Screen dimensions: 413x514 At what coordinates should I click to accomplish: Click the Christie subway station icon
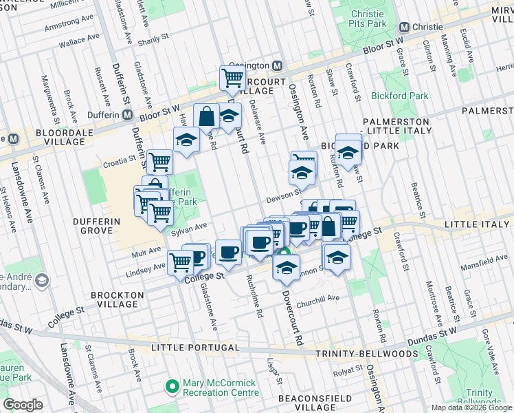coord(404,27)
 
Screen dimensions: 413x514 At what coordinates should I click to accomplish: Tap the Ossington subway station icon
coord(278,66)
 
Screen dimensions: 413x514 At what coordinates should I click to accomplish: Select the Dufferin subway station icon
coord(127,116)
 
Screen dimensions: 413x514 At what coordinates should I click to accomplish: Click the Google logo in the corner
coord(22,405)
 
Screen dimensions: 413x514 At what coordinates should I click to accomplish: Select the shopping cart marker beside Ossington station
coord(233,78)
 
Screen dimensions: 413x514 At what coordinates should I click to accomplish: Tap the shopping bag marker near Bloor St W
coord(205,116)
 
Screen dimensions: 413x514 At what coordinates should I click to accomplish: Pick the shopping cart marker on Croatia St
coord(159,162)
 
